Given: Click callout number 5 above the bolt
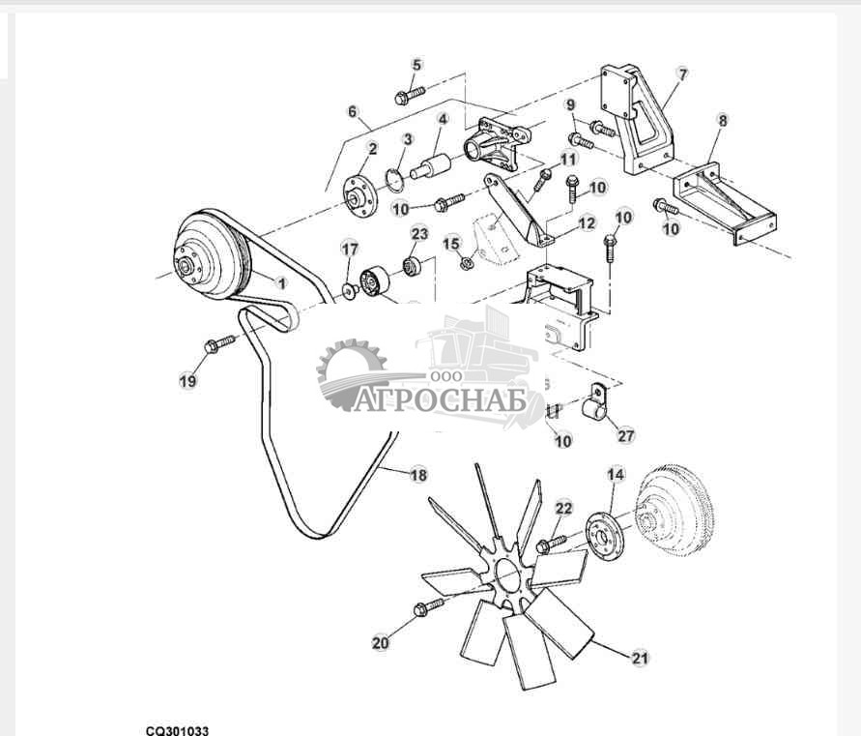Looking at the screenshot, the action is (416, 65).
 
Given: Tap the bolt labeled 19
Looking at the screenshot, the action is (219, 344).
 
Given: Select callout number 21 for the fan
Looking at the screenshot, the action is (640, 658).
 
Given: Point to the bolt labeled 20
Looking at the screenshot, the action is (428, 606).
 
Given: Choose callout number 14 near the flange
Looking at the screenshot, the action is (616, 474).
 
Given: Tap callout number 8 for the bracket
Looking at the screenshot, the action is (723, 120).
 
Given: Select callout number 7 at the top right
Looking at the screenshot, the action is (682, 74).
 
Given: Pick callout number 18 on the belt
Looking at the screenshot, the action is (418, 474).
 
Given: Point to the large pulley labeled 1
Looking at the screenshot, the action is (212, 255).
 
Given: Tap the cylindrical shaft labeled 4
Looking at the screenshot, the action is (432, 165).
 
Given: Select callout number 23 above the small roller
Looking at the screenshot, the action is (419, 234).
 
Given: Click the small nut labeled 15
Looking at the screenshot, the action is (466, 262).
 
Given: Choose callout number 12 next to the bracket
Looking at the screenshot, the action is (587, 223).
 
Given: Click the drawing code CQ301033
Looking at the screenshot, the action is (177, 730).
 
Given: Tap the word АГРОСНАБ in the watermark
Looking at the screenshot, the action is (441, 400).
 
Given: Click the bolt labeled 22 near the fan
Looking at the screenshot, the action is (551, 544).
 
